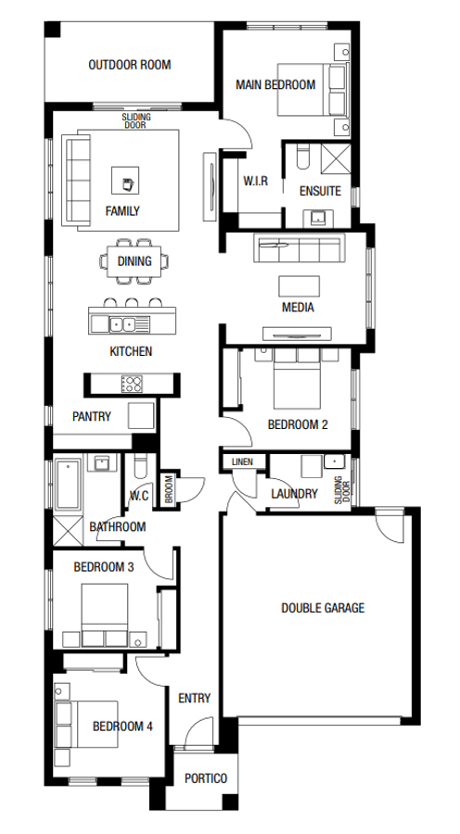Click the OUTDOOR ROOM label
tap(130, 65)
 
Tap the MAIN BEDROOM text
tap(275, 84)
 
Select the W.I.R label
tap(256, 182)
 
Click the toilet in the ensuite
tap(303, 157)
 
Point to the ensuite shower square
tap(337, 158)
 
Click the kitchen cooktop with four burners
tap(132, 384)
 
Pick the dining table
tap(134, 260)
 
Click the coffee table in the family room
tap(125, 181)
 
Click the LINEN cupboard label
tap(242, 461)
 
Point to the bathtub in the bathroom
tap(68, 484)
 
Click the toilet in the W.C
tap(141, 468)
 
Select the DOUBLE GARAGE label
tap(323, 608)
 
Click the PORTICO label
tap(206, 778)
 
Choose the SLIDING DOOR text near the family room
tap(135, 120)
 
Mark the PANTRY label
tap(92, 416)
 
